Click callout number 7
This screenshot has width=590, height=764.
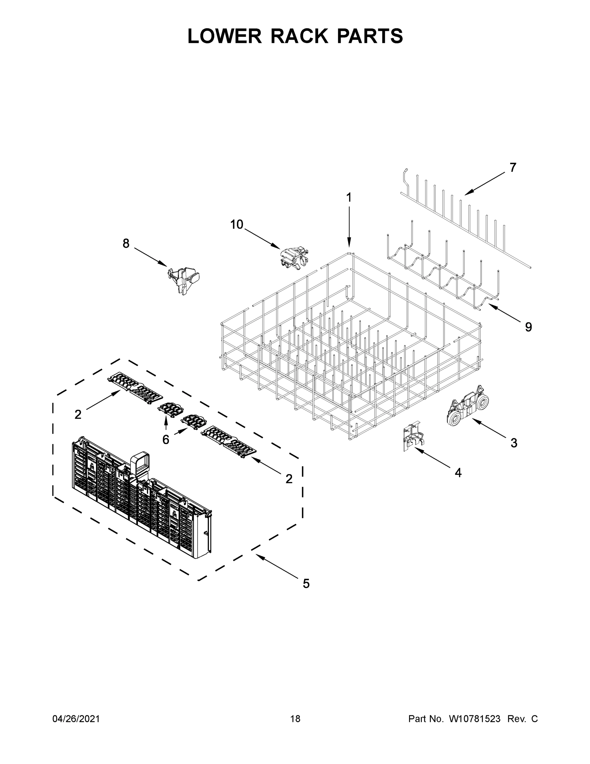pyautogui.click(x=512, y=167)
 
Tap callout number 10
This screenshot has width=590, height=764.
pyautogui.click(x=236, y=224)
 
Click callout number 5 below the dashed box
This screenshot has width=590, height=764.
pyautogui.click(x=306, y=584)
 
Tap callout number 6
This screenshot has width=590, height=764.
pyautogui.click(x=166, y=440)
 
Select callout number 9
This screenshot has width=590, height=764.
pyautogui.click(x=528, y=327)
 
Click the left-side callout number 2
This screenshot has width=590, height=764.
pyautogui.click(x=78, y=414)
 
